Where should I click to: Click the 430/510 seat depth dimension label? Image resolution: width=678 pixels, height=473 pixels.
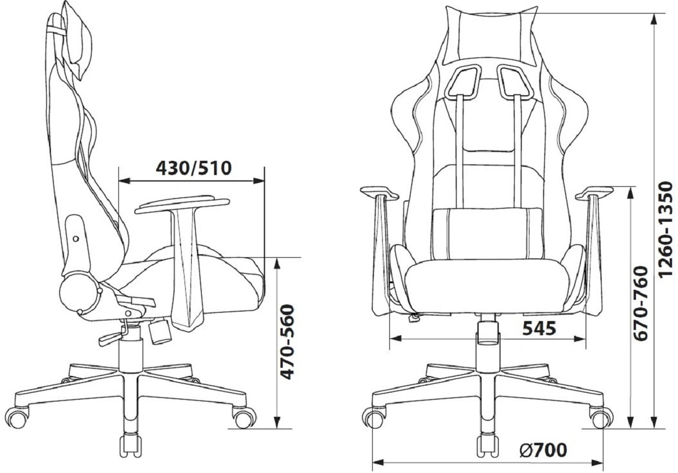193,168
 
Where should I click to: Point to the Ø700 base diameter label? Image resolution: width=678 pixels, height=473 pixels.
543,451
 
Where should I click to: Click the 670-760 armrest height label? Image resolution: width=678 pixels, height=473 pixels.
640,303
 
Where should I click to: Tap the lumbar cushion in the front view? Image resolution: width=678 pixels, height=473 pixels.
487,234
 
